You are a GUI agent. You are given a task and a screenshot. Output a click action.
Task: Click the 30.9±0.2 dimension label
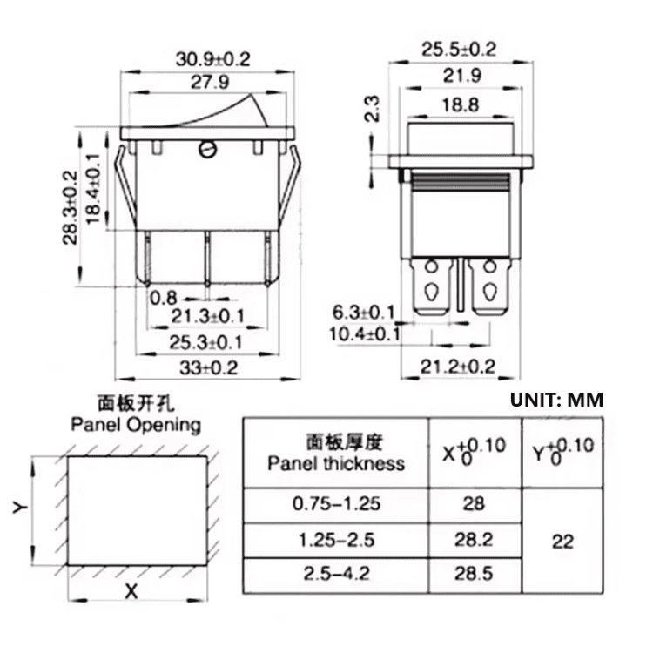coord(212,59)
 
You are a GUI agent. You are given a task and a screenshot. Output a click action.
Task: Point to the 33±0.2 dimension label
coord(208,367)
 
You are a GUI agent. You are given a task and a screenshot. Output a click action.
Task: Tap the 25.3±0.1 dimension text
coord(206,342)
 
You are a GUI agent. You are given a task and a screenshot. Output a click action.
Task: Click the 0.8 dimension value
coord(164,298)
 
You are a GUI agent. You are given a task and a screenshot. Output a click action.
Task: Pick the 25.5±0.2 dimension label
coord(458,50)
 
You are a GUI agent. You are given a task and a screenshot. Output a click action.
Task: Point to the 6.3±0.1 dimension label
coord(363,312)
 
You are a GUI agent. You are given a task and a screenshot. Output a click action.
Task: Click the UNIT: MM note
coord(556,400)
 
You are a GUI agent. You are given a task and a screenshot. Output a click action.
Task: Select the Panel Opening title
coord(135,426)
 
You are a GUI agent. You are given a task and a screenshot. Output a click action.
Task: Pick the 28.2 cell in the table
coord(475,540)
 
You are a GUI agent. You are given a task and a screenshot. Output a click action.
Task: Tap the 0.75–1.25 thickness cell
coord(336,503)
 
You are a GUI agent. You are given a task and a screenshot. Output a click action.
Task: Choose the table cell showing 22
coord(562,541)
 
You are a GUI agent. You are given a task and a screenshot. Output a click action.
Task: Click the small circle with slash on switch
coord(207,149)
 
